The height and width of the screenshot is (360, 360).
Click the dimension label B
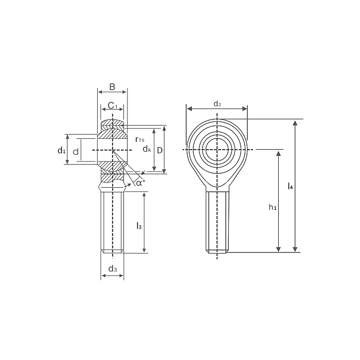(x=112, y=86)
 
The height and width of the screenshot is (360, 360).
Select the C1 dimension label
(x=113, y=106)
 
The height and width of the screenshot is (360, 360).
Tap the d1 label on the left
(x=61, y=150)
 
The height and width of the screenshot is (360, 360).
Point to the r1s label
(x=140, y=139)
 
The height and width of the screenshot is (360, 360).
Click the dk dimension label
(x=147, y=149)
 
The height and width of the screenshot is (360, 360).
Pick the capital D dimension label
(x=160, y=150)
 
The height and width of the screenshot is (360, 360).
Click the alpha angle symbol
(x=140, y=182)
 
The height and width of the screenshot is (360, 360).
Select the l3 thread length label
(x=138, y=225)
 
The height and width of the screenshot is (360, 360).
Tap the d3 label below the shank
(x=113, y=269)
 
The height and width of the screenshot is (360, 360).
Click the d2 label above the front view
(x=217, y=104)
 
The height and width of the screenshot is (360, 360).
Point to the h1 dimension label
(x=273, y=207)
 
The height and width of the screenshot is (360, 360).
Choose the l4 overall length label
(x=291, y=186)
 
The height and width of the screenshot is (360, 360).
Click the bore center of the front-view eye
(x=217, y=150)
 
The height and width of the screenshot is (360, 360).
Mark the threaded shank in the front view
(x=217, y=221)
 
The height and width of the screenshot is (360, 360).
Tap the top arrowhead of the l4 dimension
(x=295, y=123)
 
